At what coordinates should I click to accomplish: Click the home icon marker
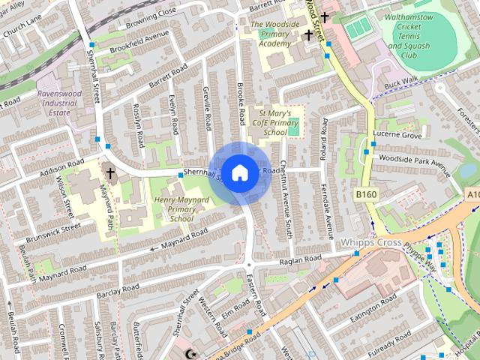pos(239,173)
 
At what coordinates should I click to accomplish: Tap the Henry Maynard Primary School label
pos(180,209)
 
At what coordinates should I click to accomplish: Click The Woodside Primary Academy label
pos(269,34)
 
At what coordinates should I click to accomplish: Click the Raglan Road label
pos(299,259)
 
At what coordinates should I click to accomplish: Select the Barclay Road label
pos(118,288)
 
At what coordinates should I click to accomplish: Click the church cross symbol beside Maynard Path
pos(110,174)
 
